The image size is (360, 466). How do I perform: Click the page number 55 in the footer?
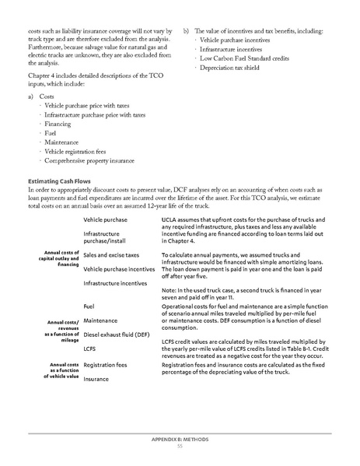coord(180,445)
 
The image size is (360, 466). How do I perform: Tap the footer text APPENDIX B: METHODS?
coord(180,439)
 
